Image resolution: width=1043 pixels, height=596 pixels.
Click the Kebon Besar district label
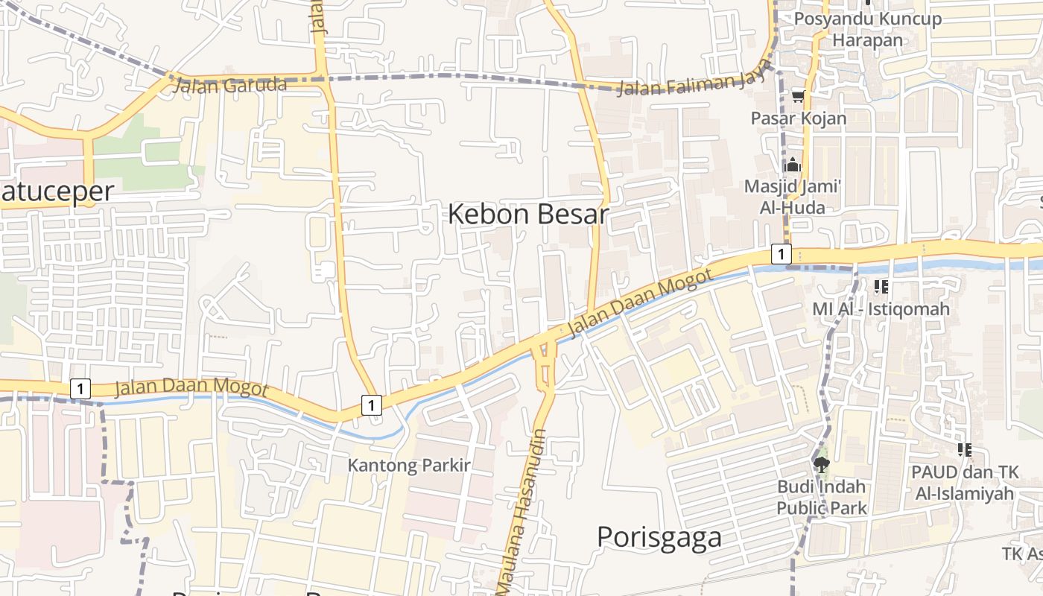pyautogui.click(x=528, y=215)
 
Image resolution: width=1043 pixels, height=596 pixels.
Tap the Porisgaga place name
pyautogui.click(x=659, y=537)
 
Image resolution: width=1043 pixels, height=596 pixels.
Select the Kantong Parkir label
pyautogui.click(x=409, y=466)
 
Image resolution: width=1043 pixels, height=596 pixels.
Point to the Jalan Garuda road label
pyautogui.click(x=229, y=85)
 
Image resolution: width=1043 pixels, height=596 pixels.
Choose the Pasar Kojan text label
pyautogui.click(x=798, y=118)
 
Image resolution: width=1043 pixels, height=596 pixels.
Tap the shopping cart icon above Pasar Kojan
pyautogui.click(x=799, y=96)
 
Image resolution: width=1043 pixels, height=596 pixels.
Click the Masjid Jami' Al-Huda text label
pyautogui.click(x=793, y=197)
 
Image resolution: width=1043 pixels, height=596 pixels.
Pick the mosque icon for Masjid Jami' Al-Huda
pyautogui.click(x=793, y=165)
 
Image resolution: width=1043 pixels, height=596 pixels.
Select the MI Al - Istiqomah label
pyautogui.click(x=881, y=308)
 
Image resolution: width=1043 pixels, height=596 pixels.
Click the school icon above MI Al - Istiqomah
pyautogui.click(x=881, y=286)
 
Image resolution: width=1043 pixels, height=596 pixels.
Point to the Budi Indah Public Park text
pyautogui.click(x=822, y=497)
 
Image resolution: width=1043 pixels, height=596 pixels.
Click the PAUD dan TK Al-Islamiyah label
pyautogui.click(x=964, y=483)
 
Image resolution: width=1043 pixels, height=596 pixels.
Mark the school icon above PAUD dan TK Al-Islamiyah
pyautogui.click(x=965, y=450)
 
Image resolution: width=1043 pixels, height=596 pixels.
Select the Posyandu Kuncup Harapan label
pyautogui.click(x=867, y=29)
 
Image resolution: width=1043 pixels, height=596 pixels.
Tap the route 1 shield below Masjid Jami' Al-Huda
pyautogui.click(x=780, y=254)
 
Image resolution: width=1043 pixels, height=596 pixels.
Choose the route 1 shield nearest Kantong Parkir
pyautogui.click(x=371, y=405)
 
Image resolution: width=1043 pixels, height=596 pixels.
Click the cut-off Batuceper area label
pyautogui.click(x=57, y=191)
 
